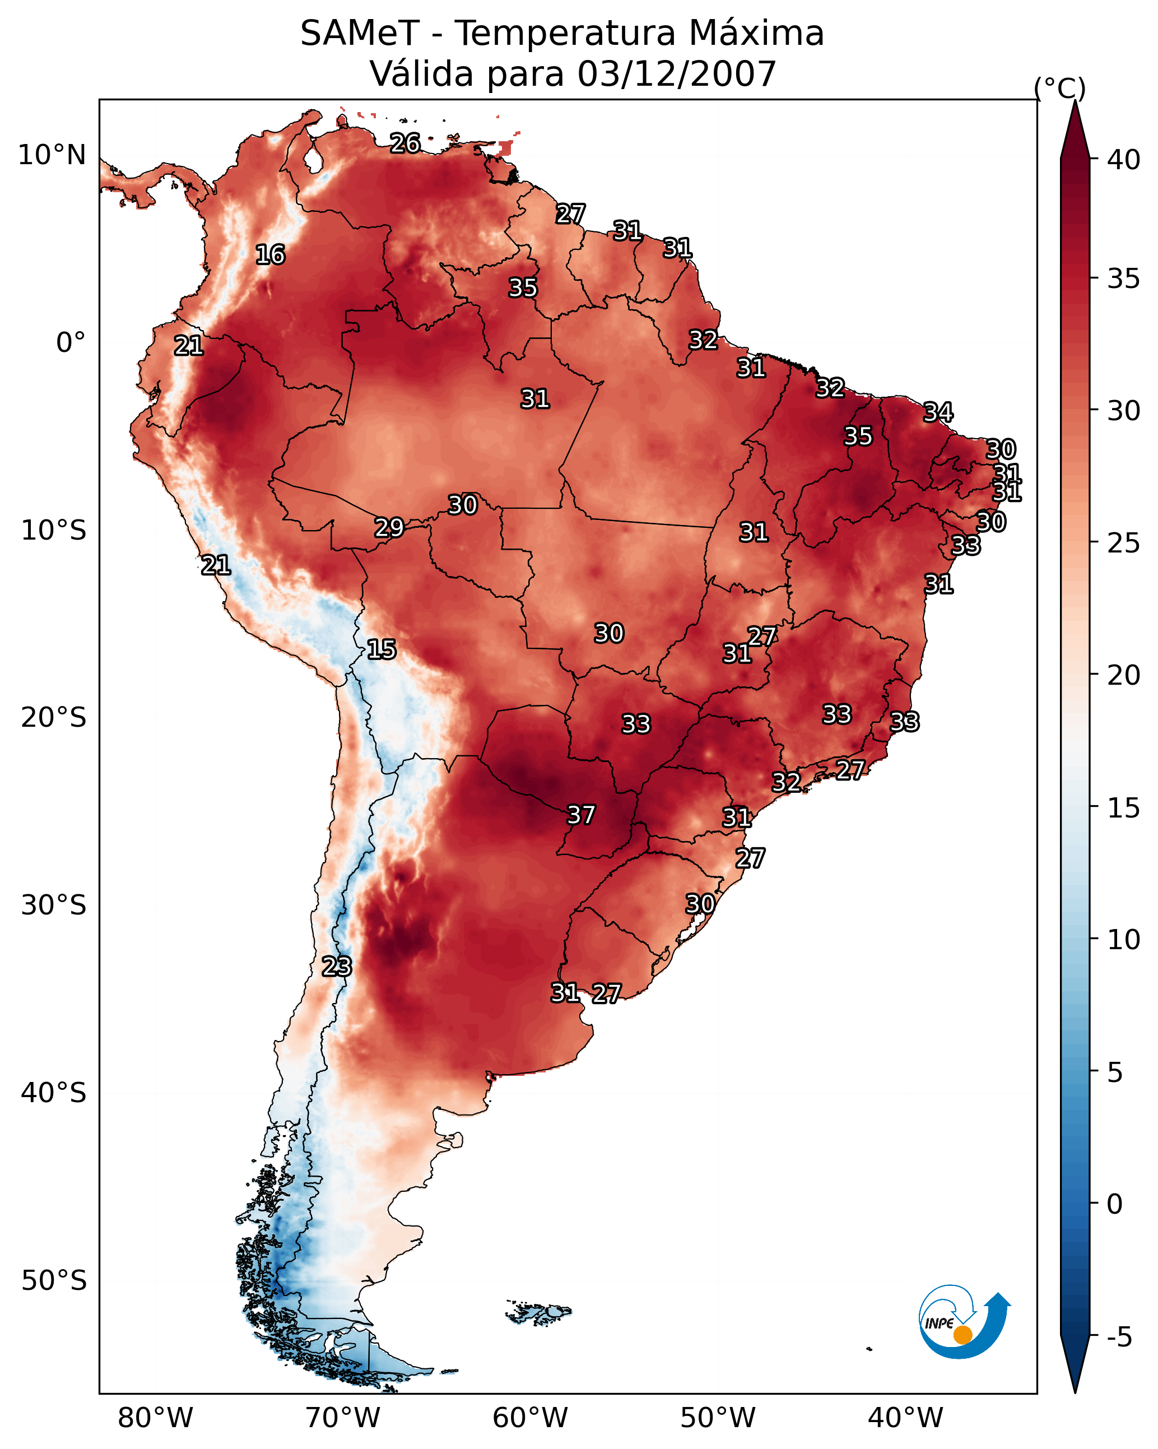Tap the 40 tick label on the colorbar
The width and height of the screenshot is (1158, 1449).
1124,160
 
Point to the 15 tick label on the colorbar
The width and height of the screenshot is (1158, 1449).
1124,808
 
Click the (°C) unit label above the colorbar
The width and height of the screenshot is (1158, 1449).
1060,88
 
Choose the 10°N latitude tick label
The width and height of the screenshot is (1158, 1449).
52,155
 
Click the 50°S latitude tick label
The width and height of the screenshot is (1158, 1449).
54,1281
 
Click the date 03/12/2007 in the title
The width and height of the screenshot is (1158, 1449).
677,74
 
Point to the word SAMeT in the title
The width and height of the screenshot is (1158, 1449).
360,34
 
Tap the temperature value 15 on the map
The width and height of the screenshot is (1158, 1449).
382,649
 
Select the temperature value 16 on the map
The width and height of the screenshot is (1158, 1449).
270,255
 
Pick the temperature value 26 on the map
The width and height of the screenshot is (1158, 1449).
405,143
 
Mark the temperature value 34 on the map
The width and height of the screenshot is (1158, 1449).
938,412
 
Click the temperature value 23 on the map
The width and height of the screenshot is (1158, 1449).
337,967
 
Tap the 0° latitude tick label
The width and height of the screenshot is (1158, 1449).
71,343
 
